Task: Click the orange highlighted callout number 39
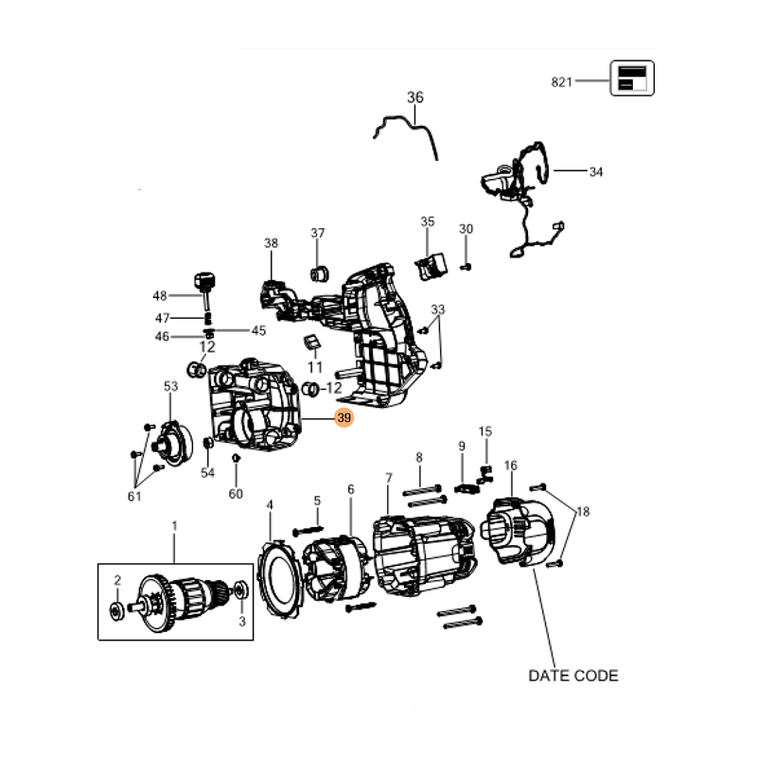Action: pyautogui.click(x=343, y=417)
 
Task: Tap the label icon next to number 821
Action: pyautogui.click(x=632, y=79)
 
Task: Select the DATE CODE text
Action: pyautogui.click(x=573, y=676)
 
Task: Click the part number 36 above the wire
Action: pyautogui.click(x=415, y=97)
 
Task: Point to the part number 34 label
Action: pyautogui.click(x=596, y=172)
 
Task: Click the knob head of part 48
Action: pyautogui.click(x=204, y=281)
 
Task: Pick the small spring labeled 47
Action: pyautogui.click(x=208, y=319)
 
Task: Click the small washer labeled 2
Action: pyautogui.click(x=116, y=611)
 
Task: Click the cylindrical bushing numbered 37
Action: pyautogui.click(x=319, y=273)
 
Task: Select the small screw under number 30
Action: pyautogui.click(x=466, y=267)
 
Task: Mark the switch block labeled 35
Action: pyautogui.click(x=431, y=267)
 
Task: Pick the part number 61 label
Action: pyautogui.click(x=134, y=496)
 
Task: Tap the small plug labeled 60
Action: pyautogui.click(x=236, y=458)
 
